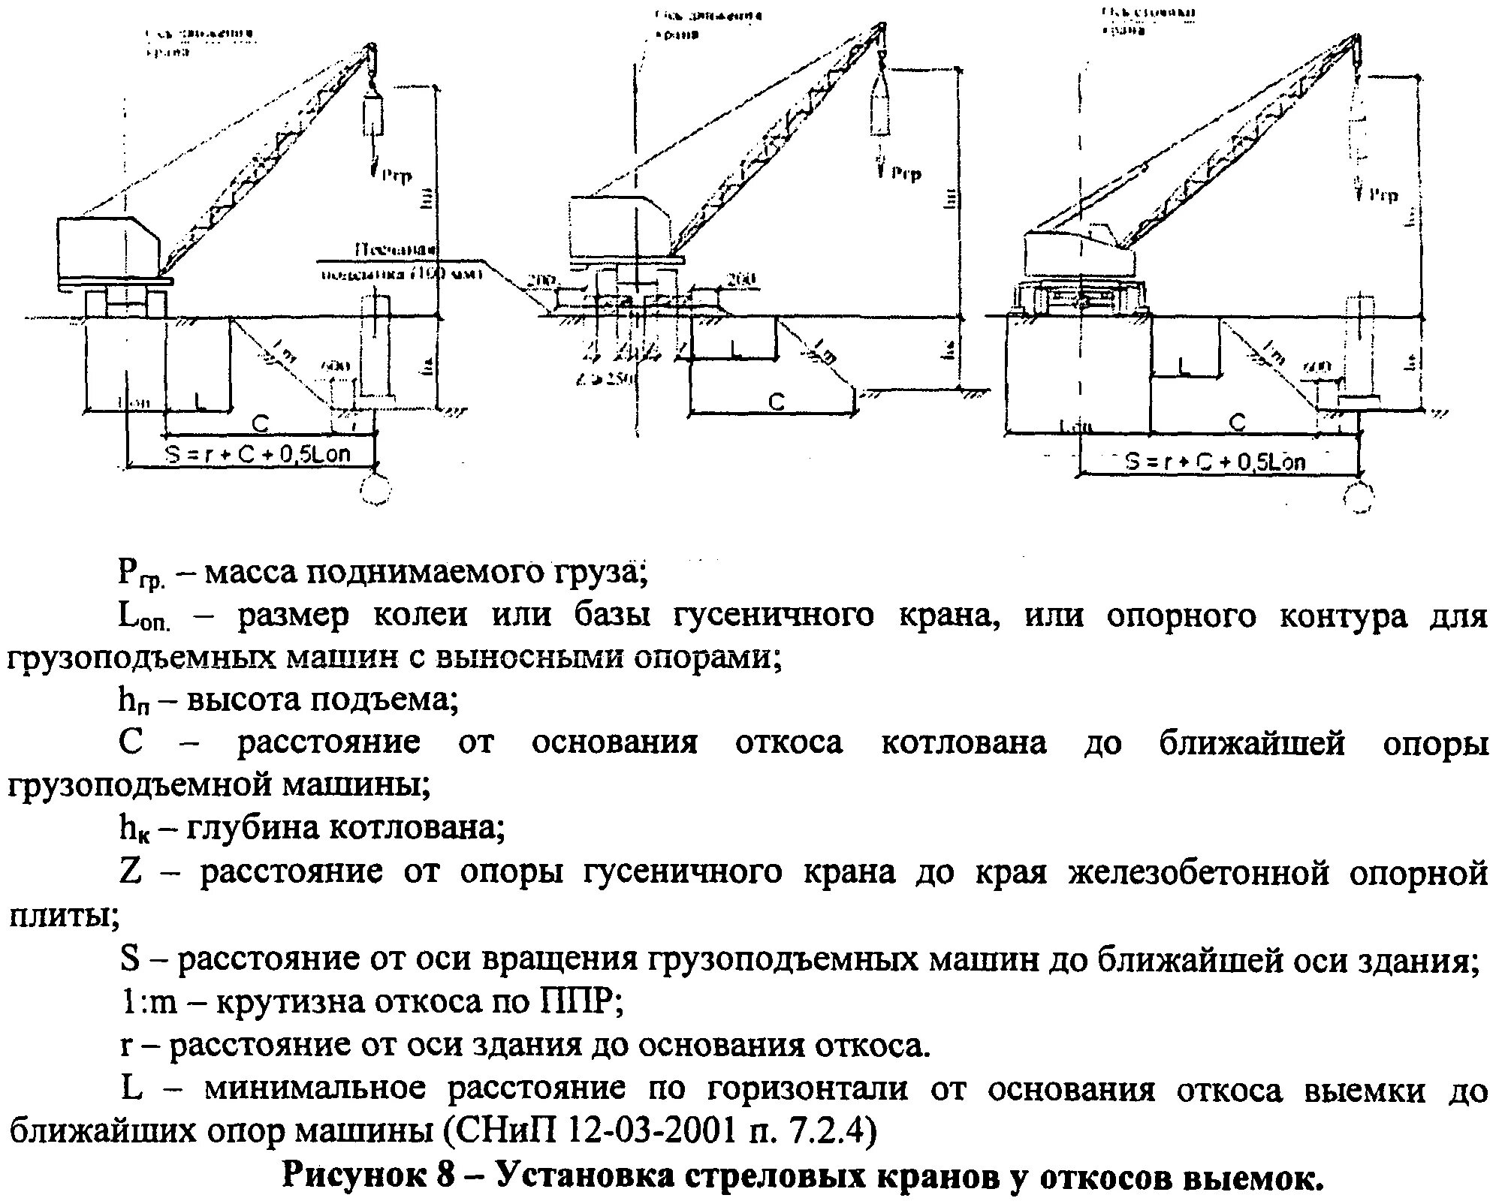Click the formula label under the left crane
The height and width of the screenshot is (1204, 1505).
(258, 454)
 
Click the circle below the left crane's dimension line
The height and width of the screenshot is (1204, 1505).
(375, 490)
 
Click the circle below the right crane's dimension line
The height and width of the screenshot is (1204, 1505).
(1357, 496)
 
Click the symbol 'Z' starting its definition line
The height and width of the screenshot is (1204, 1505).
(130, 872)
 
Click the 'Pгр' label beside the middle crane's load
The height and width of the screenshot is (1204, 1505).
(906, 174)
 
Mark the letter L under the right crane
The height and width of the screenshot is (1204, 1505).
(1184, 366)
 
